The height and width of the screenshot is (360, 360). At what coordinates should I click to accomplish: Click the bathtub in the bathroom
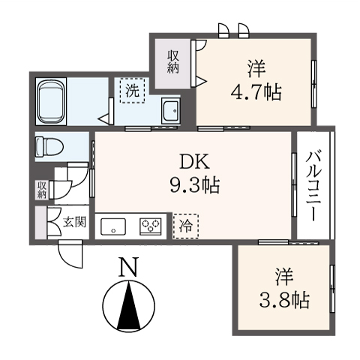pos(51,101)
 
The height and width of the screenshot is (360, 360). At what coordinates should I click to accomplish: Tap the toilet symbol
pos(49,147)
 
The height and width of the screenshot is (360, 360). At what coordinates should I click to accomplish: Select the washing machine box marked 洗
pos(132,91)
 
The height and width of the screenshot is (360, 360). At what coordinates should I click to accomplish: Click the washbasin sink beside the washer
pos(171,111)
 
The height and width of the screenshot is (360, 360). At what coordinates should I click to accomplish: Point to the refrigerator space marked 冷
pos(186,226)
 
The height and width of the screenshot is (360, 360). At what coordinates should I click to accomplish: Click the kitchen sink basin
pos(113,226)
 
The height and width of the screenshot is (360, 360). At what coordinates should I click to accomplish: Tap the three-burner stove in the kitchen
pos(151,226)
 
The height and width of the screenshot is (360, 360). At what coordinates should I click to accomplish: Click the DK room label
pos(194,163)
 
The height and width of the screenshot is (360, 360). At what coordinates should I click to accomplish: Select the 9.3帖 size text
pos(195,185)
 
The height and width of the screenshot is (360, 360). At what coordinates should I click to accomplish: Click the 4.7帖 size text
pos(256,92)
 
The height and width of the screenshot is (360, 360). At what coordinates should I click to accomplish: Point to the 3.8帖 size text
pos(284,299)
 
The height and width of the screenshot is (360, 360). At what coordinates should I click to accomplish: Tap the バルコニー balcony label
pos(313,186)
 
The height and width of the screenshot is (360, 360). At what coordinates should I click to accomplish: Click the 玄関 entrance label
pos(74,222)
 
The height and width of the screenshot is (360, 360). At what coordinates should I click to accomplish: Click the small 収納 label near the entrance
pos(42,190)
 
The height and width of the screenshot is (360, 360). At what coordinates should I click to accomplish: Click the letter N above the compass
pos(128,267)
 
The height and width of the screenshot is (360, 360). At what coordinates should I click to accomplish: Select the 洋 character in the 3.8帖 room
pos(284,277)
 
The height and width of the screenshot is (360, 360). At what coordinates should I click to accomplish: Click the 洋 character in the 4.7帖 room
pos(256,69)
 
